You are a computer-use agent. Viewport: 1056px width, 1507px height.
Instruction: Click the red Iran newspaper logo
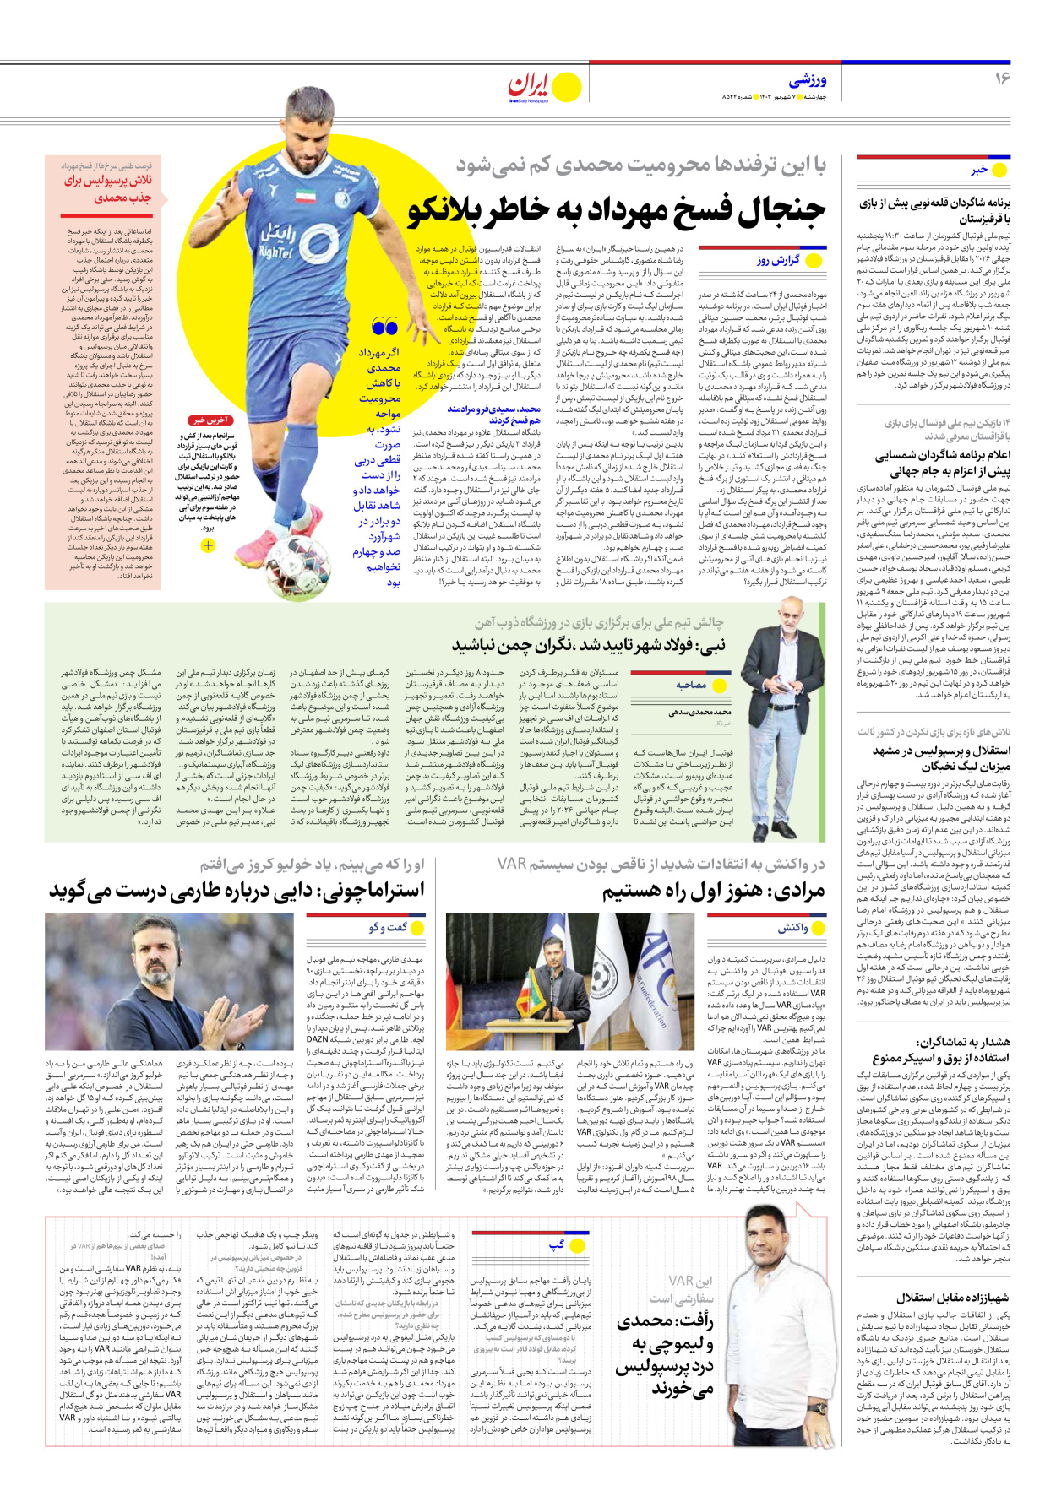[531, 85]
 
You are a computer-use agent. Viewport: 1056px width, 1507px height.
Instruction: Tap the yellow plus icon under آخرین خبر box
[208, 545]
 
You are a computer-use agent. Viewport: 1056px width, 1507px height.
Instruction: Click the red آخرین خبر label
[210, 420]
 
